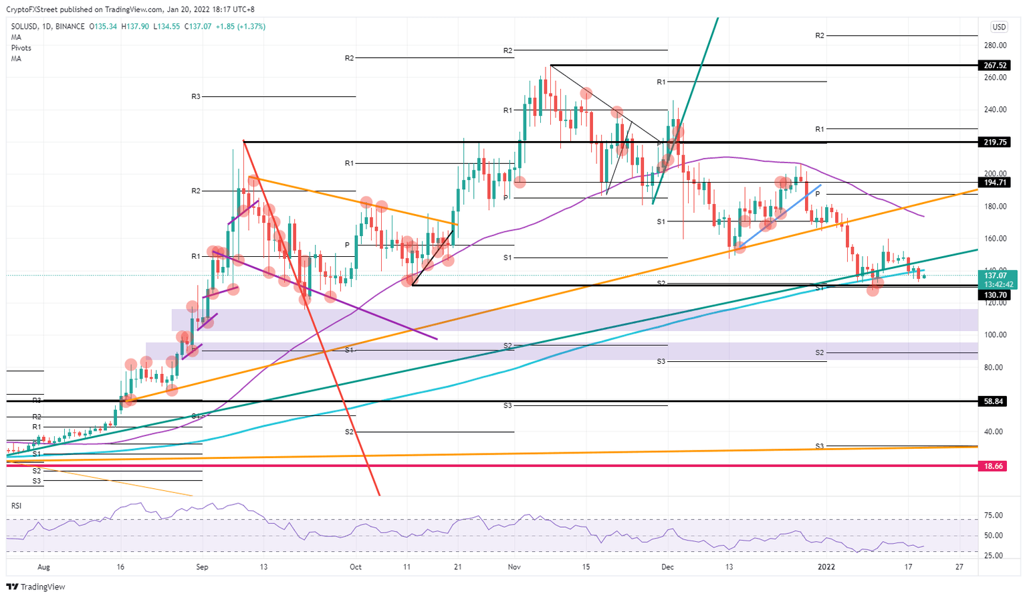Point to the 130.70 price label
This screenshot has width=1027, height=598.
(x=996, y=295)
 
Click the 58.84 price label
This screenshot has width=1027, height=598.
(x=996, y=401)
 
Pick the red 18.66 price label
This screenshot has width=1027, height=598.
(x=996, y=466)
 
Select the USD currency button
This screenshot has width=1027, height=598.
(x=999, y=27)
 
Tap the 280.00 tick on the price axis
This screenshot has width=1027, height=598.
(x=996, y=45)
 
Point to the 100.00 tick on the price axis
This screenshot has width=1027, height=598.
(x=996, y=335)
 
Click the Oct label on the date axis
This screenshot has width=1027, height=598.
(x=356, y=567)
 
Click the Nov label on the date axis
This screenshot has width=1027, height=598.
(x=514, y=567)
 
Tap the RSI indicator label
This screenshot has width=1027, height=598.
(x=16, y=506)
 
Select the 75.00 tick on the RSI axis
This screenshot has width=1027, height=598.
(x=994, y=516)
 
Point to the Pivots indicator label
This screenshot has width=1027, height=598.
(x=21, y=48)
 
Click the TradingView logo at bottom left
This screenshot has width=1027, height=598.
(x=37, y=587)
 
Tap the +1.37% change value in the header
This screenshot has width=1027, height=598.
(x=251, y=27)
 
